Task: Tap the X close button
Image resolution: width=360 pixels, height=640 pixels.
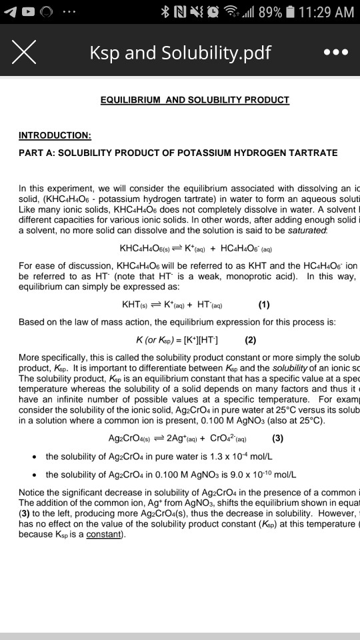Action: (x=23, y=52)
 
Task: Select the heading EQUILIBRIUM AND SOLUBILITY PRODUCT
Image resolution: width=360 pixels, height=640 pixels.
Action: (x=195, y=100)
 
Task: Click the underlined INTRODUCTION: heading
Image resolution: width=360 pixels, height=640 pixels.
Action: (x=55, y=135)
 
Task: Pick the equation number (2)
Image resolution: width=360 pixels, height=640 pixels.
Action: (x=251, y=337)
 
